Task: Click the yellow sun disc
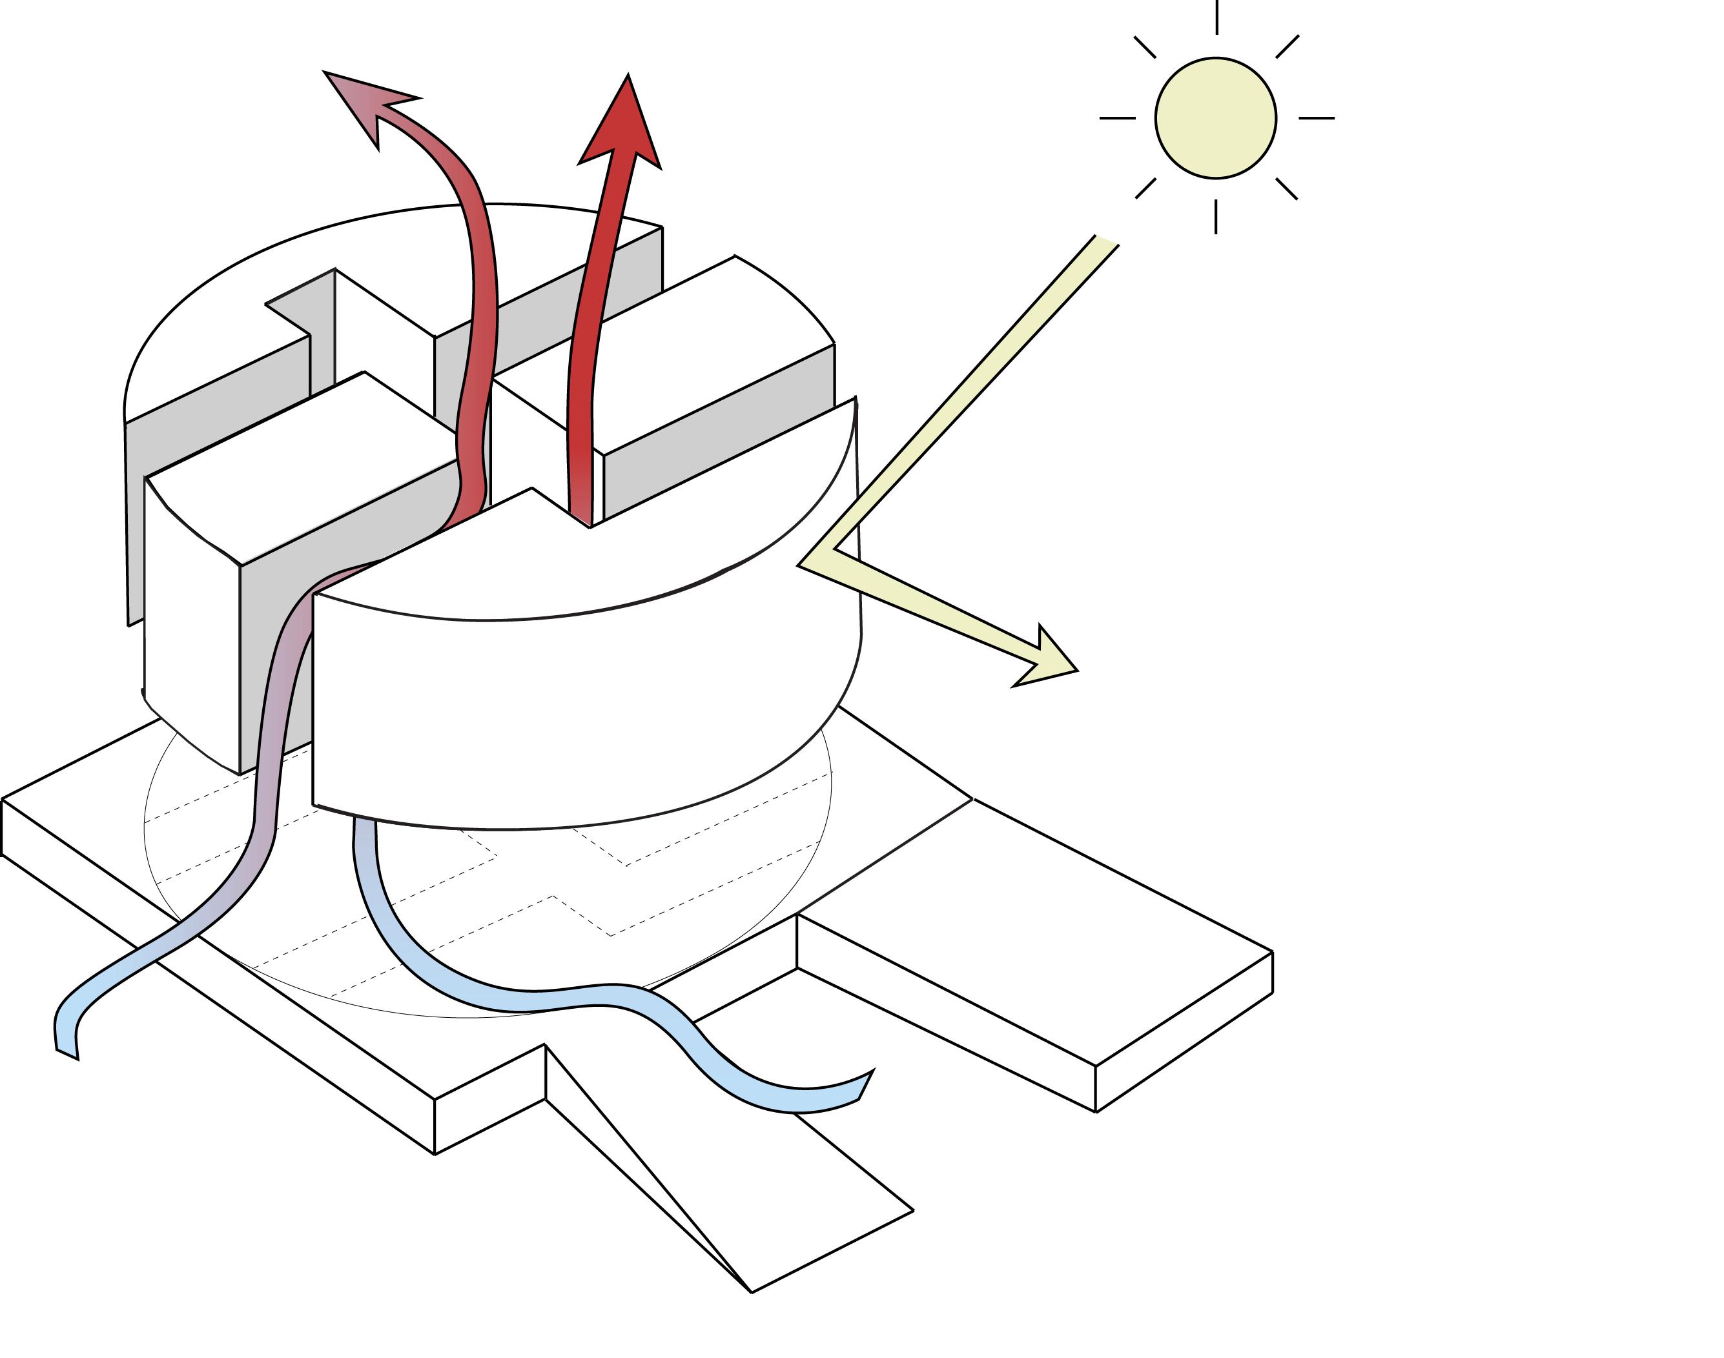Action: (1215, 117)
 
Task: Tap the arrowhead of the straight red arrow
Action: (624, 127)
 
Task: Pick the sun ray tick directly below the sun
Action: (1215, 216)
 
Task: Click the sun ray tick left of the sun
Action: (1117, 117)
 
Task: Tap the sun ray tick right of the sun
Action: (1316, 117)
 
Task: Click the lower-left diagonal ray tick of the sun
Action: (1145, 188)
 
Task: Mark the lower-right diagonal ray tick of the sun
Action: (1287, 188)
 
